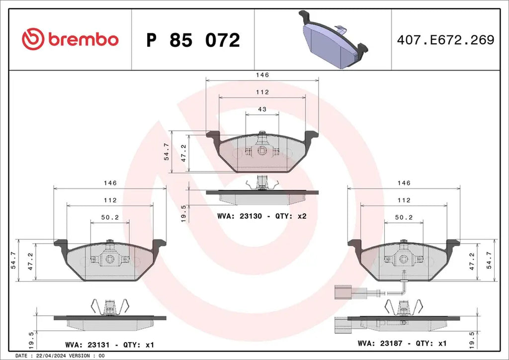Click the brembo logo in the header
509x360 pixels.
pos(70,39)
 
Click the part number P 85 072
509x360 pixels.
pos(193,40)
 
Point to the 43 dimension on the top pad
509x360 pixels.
pos(262,109)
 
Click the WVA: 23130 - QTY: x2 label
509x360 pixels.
pos(261,216)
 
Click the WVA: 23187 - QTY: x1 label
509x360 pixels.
pos(403,343)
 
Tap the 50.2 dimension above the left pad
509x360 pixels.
pos(110,217)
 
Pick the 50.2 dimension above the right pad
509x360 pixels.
pos(404,217)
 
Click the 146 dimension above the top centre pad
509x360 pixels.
pos(262,75)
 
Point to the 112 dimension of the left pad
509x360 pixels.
pos(110,200)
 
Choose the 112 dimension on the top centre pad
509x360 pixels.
pos(262,92)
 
